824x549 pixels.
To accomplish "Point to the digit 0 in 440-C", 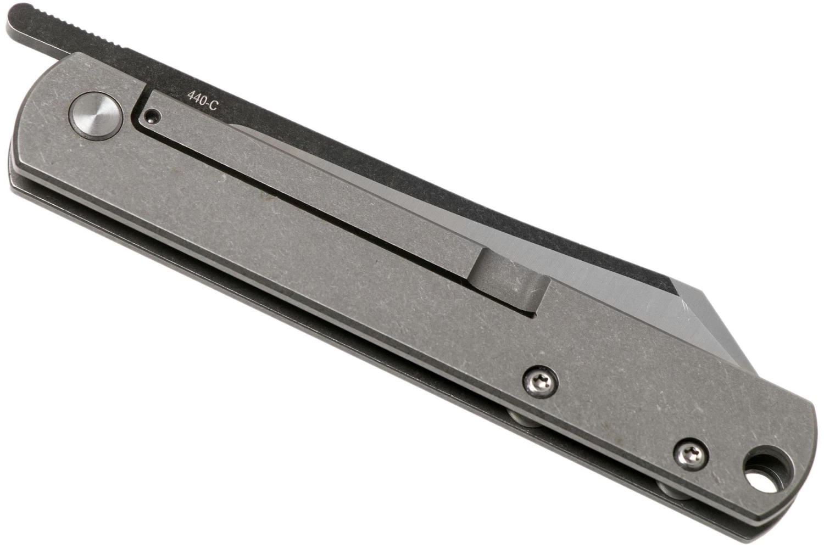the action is click(202, 100).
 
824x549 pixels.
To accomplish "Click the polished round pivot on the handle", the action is click(96, 122).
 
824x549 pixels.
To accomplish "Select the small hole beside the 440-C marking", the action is click(152, 117).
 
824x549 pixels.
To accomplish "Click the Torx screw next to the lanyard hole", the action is click(691, 456).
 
